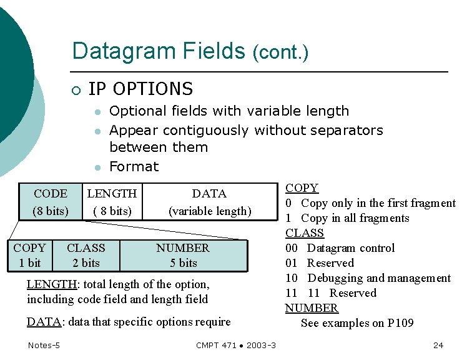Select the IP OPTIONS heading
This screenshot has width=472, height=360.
[x=140, y=89]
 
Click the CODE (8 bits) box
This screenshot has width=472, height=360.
[x=51, y=202]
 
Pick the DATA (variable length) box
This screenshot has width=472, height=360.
[x=209, y=202]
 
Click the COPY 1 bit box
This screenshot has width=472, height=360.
[x=29, y=255]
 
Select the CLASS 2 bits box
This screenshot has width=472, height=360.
[x=86, y=255]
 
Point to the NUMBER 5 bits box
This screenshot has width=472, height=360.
[x=183, y=255]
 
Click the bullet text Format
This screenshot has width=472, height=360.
[x=134, y=166]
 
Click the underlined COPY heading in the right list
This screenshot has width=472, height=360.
[x=302, y=188]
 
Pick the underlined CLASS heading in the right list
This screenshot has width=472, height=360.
[x=305, y=233]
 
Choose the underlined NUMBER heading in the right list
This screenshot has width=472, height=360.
[x=312, y=308]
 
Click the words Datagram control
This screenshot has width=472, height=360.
[x=351, y=248]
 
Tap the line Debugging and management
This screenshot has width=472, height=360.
[x=378, y=278]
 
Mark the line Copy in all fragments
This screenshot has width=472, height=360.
[x=355, y=218]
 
